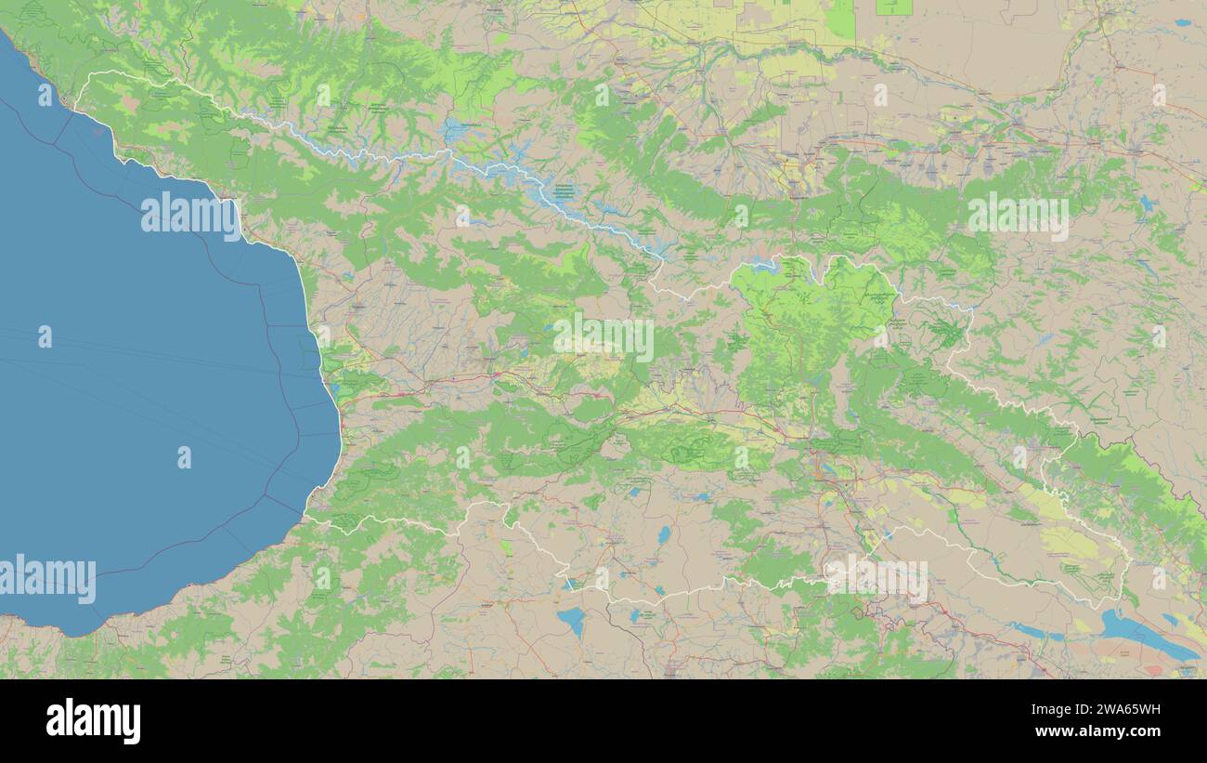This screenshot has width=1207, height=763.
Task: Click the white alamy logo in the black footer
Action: [x=93, y=721]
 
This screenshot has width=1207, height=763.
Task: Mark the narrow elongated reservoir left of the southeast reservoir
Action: [x=1038, y=632]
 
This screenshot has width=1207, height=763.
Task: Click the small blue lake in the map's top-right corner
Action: [x=1182, y=22]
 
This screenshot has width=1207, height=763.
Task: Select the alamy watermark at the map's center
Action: [x=603, y=337]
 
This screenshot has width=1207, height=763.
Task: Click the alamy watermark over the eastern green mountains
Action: [x=1018, y=217]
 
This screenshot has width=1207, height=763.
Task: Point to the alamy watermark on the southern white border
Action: [x=876, y=577]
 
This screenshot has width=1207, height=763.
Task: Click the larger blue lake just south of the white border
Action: [x=571, y=620]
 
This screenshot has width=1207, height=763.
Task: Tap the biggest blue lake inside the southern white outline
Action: [x=663, y=535]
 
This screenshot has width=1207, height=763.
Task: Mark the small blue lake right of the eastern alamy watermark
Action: [x=1148, y=204]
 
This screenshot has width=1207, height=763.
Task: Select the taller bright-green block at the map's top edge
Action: [x=841, y=19]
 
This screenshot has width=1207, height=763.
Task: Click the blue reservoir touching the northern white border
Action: [x=763, y=265]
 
